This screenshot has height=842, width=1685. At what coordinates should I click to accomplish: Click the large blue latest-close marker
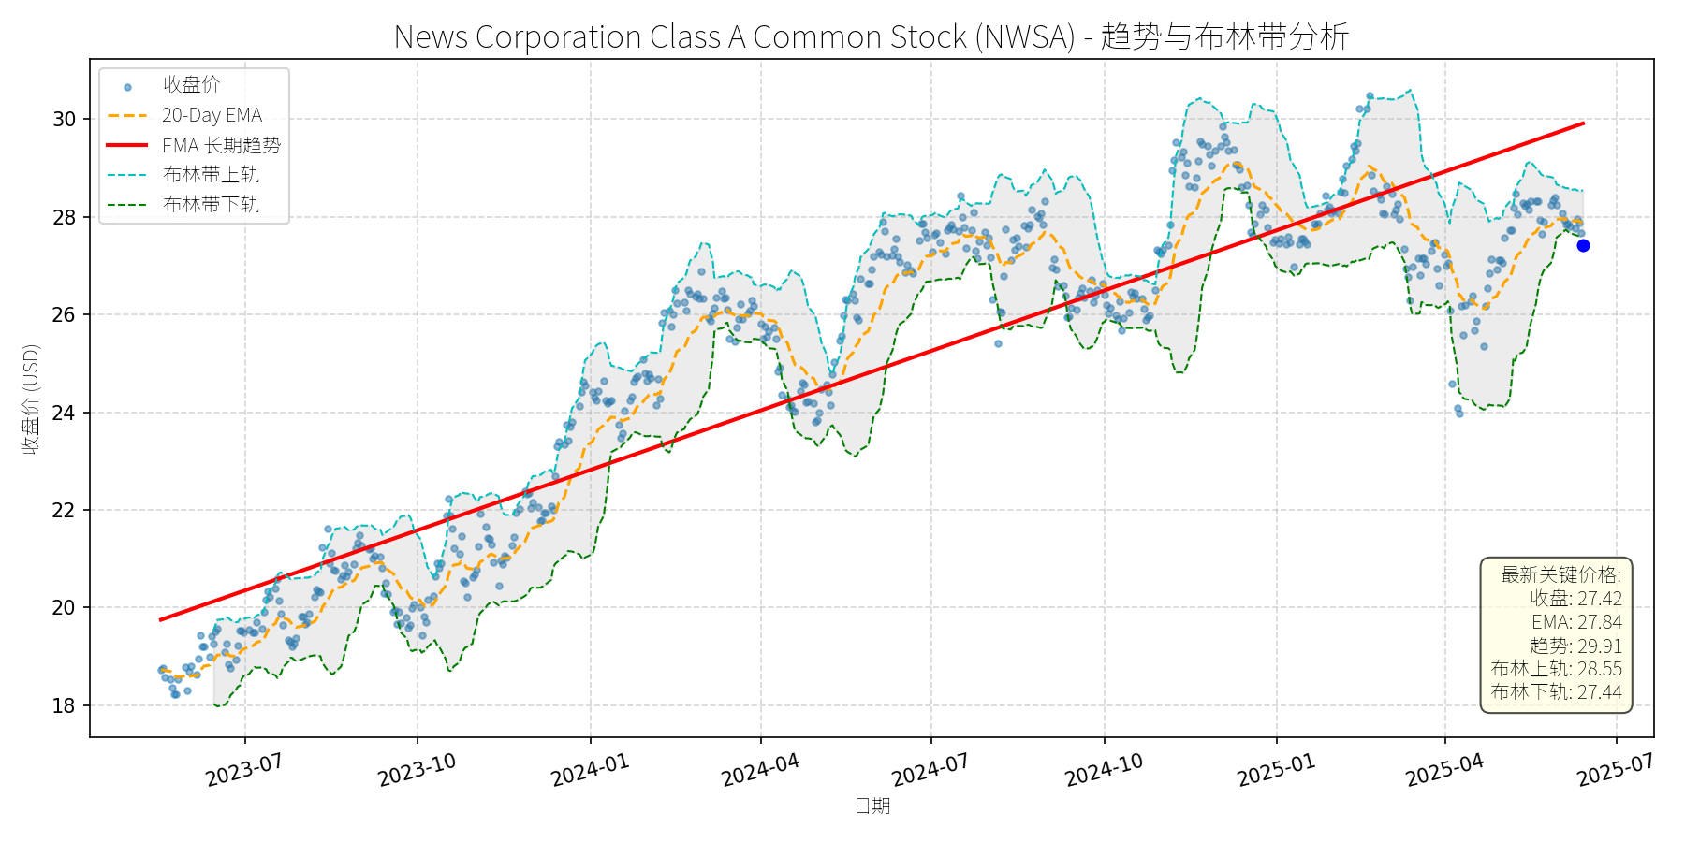pyautogui.click(x=1583, y=246)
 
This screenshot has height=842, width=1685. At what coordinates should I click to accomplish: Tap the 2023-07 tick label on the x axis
pyautogui.click(x=244, y=771)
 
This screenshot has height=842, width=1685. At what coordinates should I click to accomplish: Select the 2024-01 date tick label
pyautogui.click(x=590, y=771)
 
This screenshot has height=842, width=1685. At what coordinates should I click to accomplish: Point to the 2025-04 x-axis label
pyautogui.click(x=1444, y=771)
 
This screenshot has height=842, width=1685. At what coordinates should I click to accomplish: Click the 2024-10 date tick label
pyautogui.click(x=1104, y=771)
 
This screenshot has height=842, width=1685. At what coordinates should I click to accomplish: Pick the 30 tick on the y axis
pyautogui.click(x=64, y=120)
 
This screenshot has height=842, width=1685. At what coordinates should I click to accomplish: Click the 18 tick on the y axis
pyautogui.click(x=64, y=706)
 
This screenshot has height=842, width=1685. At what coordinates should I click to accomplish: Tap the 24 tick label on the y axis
pyautogui.click(x=64, y=413)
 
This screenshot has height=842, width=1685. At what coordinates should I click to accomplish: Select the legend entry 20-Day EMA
pyautogui.click(x=212, y=115)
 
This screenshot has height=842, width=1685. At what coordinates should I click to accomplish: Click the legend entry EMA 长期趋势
pyautogui.click(x=221, y=145)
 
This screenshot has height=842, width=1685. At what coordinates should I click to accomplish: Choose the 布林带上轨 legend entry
pyautogui.click(x=211, y=175)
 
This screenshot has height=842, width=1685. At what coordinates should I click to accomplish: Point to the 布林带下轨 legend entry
pyautogui.click(x=211, y=204)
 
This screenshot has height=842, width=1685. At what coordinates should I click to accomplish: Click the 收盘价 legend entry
pyautogui.click(x=191, y=85)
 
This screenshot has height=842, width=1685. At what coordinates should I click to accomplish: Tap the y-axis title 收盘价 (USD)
pyautogui.click(x=31, y=399)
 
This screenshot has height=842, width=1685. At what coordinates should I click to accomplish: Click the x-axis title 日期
pyautogui.click(x=872, y=806)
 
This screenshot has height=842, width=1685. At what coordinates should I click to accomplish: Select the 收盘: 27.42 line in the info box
pyautogui.click(x=1575, y=599)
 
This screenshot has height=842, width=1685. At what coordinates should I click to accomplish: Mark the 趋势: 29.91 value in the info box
pyautogui.click(x=1575, y=646)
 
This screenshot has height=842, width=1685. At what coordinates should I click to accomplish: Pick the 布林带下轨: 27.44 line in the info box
pyautogui.click(x=1556, y=692)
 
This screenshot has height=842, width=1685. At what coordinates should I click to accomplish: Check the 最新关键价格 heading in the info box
pyautogui.click(x=1560, y=574)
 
